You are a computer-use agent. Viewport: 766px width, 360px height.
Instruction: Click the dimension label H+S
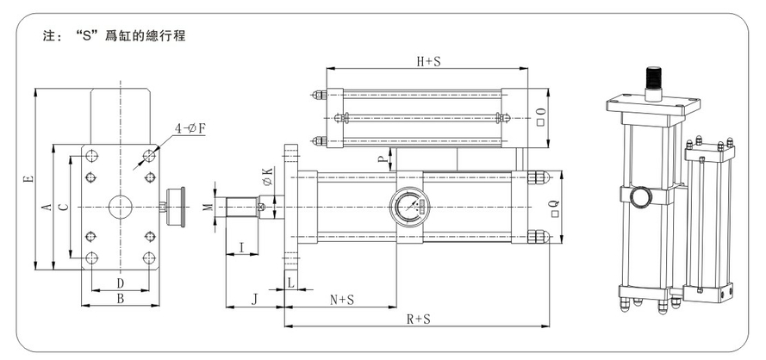point(428,61)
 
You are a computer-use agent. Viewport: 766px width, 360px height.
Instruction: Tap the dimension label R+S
point(419,318)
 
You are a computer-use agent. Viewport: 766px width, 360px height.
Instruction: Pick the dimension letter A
point(48,207)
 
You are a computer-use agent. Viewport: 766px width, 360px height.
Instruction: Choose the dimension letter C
point(63,206)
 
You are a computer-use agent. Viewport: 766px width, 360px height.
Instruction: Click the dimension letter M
point(207,208)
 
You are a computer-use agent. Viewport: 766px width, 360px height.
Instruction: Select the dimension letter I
point(241,248)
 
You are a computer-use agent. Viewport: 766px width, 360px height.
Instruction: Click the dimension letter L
point(291,282)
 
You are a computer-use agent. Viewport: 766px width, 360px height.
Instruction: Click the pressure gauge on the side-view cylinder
point(408,208)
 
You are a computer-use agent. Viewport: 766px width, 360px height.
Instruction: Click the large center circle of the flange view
point(121,207)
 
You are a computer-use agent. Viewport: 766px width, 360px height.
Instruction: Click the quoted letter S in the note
point(84,38)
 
